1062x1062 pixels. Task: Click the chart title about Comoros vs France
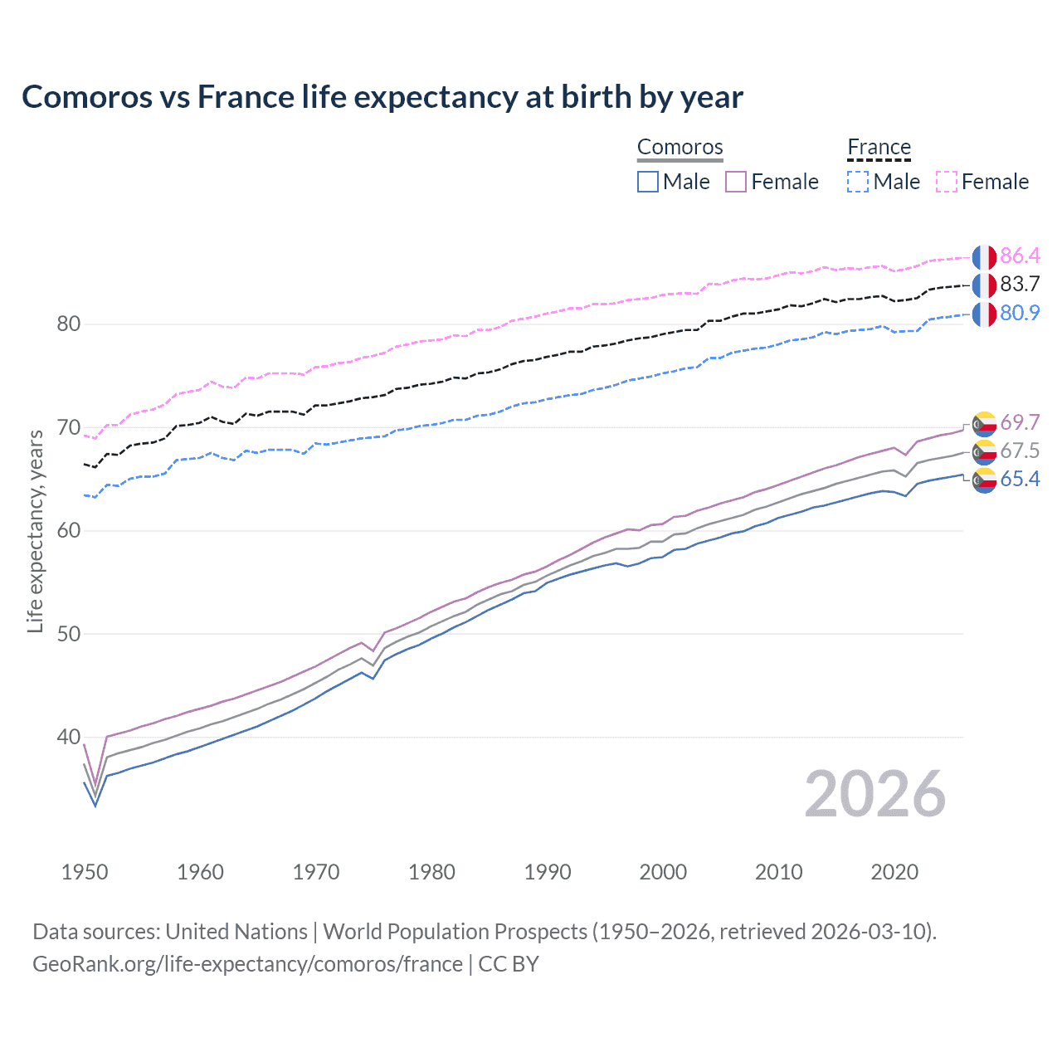(x=382, y=97)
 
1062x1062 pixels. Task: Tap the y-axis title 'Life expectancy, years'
(x=35, y=531)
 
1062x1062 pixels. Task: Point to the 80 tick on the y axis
(x=69, y=324)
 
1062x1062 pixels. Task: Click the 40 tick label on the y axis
(x=69, y=737)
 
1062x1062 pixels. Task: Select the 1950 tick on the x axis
(x=85, y=872)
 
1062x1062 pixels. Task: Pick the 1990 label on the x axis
(x=548, y=872)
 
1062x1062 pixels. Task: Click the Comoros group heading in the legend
(x=680, y=148)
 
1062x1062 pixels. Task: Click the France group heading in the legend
(x=879, y=148)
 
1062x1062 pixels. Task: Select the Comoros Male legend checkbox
(x=648, y=182)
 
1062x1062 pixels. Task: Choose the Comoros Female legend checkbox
(x=736, y=182)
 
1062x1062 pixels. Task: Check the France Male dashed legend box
(x=858, y=182)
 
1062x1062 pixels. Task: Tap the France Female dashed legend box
(x=947, y=182)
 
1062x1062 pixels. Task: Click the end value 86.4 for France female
(x=1020, y=256)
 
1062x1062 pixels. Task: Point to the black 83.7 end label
(x=1020, y=285)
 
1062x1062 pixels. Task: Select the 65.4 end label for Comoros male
(x=1020, y=480)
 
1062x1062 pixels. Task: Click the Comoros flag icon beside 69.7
(x=984, y=423)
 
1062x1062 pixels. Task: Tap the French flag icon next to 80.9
(x=984, y=314)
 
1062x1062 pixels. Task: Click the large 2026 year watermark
(x=874, y=794)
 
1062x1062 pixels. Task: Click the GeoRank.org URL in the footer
(x=247, y=964)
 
